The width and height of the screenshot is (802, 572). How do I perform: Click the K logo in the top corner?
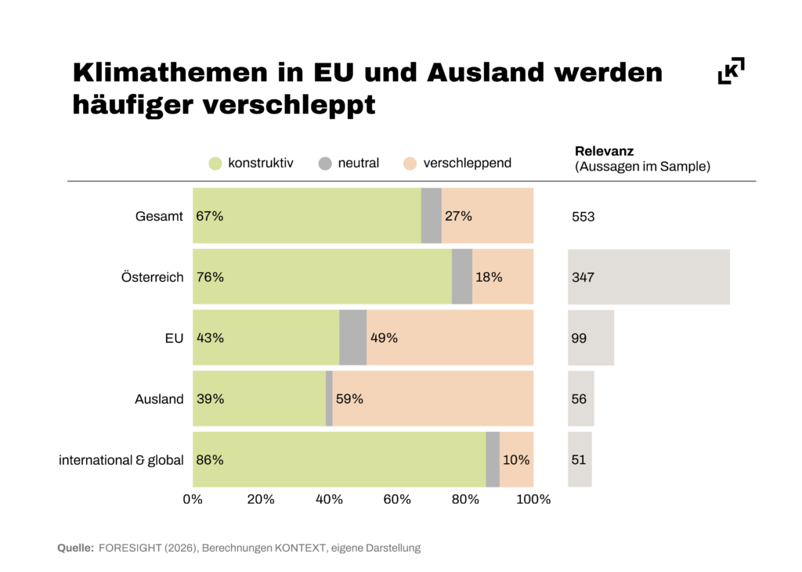click(731, 70)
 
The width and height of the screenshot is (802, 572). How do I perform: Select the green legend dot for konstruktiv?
click(215, 164)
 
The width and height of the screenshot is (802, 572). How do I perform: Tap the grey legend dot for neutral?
click(326, 164)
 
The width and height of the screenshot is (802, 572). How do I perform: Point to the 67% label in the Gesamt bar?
click(210, 216)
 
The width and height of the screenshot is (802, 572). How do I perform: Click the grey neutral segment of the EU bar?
click(352, 338)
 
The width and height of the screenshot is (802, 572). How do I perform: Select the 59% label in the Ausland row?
click(349, 399)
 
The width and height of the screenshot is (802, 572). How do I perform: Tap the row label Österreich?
click(153, 277)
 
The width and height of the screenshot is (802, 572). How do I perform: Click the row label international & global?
click(121, 460)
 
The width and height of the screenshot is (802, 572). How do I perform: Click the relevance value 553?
click(583, 217)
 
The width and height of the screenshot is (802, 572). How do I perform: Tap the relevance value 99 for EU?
click(580, 338)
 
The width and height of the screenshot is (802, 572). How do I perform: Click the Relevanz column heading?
click(605, 151)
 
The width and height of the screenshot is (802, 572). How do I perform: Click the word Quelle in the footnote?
click(75, 548)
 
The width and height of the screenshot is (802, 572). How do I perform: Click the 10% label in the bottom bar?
click(516, 460)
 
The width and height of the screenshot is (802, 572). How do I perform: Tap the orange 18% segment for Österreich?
click(503, 277)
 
